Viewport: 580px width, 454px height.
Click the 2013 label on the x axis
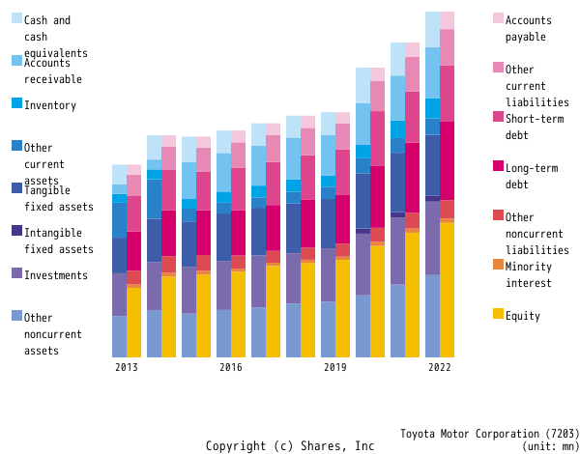pos(127,367)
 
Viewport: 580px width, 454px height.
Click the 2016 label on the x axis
pos(231,367)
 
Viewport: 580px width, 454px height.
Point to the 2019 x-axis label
pos(335,367)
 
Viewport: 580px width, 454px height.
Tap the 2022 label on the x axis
pos(440,367)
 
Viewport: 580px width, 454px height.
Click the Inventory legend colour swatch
pos(16,103)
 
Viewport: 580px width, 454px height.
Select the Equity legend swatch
pos(499,314)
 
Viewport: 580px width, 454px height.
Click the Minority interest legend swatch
pos(499,265)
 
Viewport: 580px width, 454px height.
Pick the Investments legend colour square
pos(16,273)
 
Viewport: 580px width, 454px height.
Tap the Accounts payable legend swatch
pos(499,18)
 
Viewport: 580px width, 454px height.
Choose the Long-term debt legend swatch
pos(499,166)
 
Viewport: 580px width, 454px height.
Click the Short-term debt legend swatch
pos(499,117)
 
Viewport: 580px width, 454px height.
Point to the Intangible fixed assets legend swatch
pos(16,231)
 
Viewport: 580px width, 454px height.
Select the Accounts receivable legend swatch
pos(16,61)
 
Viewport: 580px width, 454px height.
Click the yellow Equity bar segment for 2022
pos(448,290)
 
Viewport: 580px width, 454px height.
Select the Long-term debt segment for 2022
pos(448,160)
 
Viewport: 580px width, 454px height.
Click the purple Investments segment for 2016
pos(223,285)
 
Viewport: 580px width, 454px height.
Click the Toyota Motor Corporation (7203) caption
pos(490,434)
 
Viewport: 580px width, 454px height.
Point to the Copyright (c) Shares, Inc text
pos(290,446)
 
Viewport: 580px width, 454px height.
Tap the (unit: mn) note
pos(550,446)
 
